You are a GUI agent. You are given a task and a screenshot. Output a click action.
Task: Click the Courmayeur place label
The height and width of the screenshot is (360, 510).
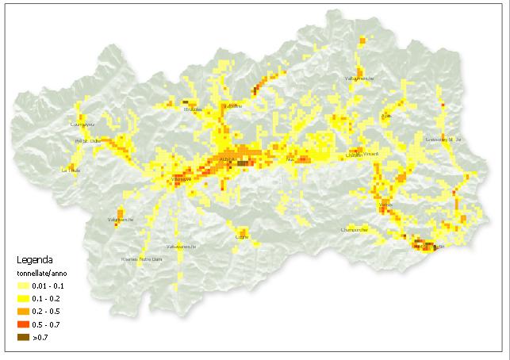82,124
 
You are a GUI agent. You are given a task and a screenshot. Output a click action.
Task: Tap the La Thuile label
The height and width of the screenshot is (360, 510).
71,170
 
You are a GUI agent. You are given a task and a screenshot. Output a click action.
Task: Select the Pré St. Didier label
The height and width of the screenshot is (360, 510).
86,141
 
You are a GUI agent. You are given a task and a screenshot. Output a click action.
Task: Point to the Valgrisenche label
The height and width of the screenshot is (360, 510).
120,219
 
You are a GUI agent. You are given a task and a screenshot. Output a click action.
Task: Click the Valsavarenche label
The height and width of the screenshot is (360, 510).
181,246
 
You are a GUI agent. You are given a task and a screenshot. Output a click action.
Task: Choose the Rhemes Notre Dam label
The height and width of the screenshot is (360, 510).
141,259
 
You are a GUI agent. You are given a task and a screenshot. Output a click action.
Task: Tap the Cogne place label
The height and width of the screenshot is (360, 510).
242,236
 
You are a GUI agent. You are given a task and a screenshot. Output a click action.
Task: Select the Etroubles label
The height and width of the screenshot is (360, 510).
193,109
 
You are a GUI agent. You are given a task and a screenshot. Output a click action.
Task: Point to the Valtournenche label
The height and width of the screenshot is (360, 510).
359,79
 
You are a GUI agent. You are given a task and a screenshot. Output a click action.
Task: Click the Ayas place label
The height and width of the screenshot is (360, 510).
386,116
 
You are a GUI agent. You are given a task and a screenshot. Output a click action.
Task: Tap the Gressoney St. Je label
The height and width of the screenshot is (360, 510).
443,140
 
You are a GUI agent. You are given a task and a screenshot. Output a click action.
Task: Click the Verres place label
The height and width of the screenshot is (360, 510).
386,205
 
